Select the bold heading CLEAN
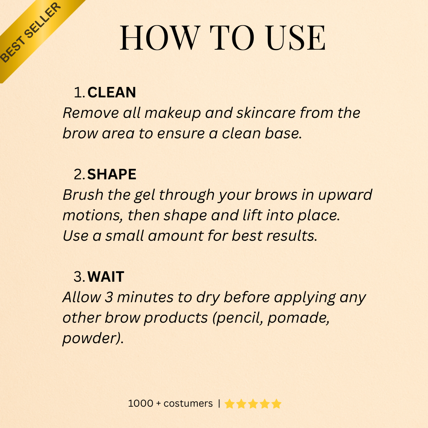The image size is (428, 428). [x=112, y=92]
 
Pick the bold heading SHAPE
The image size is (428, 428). [x=112, y=174]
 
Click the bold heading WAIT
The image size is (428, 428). [x=106, y=277]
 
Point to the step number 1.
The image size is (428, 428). [x=79, y=92]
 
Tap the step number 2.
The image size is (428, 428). [x=79, y=174]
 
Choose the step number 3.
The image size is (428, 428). [x=79, y=277]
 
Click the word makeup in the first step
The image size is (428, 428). [x=173, y=113]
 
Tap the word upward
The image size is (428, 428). [x=345, y=195]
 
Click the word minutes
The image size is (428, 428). [x=145, y=297]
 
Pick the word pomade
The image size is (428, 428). [x=298, y=318]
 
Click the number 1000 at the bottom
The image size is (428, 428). [x=140, y=403]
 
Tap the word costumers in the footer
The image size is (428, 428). [x=188, y=403]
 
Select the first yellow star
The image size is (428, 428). [x=229, y=404]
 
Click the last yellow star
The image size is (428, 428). [x=276, y=404]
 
